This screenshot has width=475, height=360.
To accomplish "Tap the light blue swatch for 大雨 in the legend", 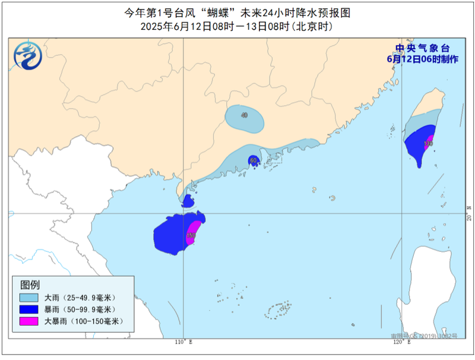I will point(28,297).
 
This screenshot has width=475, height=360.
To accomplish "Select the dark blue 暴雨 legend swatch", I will point(28,309).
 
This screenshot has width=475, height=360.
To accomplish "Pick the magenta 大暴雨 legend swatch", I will point(28,321).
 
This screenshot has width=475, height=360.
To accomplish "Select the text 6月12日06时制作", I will point(422,59).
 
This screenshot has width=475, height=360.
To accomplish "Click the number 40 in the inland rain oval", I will point(244,115).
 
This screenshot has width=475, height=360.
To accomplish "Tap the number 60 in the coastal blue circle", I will point(254,160).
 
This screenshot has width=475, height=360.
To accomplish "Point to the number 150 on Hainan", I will point(191,236).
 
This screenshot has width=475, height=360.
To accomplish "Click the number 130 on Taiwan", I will point(428,144).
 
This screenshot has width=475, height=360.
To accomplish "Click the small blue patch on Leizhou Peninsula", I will point(188,201).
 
